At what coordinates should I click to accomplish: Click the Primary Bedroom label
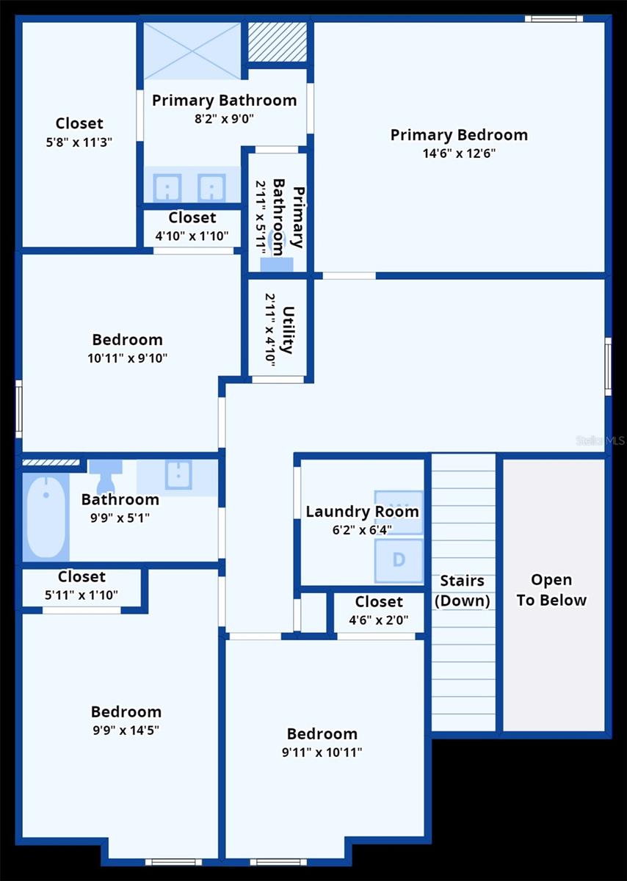[459, 135]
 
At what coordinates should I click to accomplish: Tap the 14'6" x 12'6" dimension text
[459, 153]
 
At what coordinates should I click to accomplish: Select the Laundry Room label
[363, 512]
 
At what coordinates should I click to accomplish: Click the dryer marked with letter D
[399, 560]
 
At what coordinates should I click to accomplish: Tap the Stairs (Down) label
[462, 590]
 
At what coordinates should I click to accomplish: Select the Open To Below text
[551, 590]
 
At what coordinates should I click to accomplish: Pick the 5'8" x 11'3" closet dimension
[79, 141]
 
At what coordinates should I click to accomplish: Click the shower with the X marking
[192, 50]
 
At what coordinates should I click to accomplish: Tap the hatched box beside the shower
[277, 42]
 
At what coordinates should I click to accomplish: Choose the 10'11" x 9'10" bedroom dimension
[127, 358]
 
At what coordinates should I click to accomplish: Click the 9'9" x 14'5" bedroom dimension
[126, 730]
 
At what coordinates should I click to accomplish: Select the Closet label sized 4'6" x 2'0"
[379, 602]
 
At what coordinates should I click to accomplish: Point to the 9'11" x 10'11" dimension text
[322, 753]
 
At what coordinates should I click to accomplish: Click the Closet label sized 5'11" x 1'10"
[81, 577]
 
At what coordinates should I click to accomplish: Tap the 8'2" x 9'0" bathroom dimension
[225, 119]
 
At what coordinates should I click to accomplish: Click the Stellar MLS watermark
[601, 440]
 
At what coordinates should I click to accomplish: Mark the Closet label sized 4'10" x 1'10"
[192, 218]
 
